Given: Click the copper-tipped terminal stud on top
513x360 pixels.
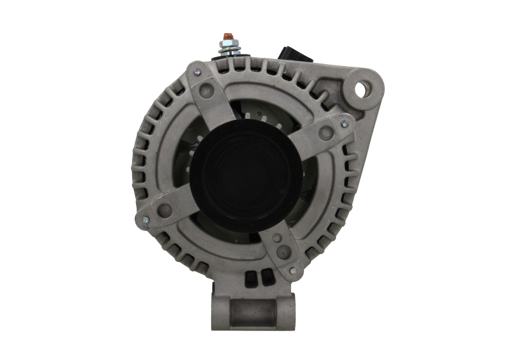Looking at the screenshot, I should click(x=227, y=37).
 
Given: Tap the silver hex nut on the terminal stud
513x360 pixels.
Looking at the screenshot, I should click(x=227, y=46).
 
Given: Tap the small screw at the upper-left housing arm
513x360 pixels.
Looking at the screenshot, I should click(x=197, y=72).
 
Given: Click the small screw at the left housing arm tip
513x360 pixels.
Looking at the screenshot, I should click(x=146, y=219).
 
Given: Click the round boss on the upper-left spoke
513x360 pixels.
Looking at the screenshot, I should click(x=208, y=90).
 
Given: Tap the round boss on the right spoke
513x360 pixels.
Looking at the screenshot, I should click(x=326, y=133).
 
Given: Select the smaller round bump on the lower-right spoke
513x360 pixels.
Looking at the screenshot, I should click(x=276, y=238).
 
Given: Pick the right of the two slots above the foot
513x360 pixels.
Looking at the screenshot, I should click(x=262, y=279).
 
